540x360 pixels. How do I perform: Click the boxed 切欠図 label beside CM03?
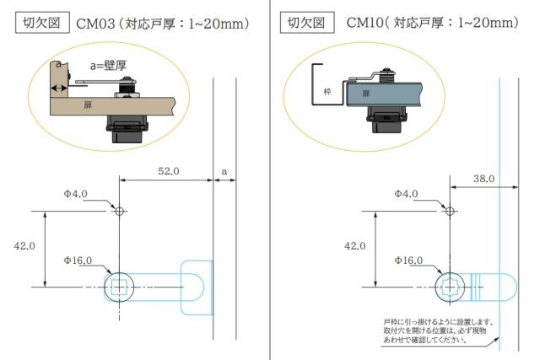coord(42,23)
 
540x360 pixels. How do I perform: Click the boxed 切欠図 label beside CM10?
coord(307,23)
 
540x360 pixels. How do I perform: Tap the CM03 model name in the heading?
coord(95,24)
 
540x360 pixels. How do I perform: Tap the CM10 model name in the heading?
coord(364,23)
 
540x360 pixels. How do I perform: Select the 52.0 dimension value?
coord(169,171)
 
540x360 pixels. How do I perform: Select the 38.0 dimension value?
coord(483,179)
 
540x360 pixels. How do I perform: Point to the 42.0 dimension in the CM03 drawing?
coord(24,246)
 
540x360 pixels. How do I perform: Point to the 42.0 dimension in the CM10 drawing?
coord(354,246)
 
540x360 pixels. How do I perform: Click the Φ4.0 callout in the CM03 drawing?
coord(75,194)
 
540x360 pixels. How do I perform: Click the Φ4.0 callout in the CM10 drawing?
coord(406,194)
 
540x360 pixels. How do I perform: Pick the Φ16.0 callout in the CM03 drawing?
coord(78,261)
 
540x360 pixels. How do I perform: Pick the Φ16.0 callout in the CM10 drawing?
coord(408,261)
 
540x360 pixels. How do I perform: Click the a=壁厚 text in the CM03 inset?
coord(108,66)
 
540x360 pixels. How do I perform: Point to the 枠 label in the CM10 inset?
coord(327,92)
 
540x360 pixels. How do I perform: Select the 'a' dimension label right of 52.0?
coord(224,171)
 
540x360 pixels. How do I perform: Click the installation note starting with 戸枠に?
coord(439,330)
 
